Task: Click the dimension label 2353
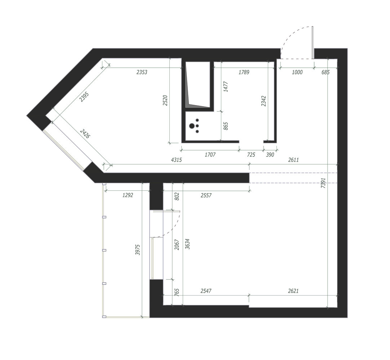[142, 72]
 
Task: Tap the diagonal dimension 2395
[84, 97]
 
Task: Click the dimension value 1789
[244, 72]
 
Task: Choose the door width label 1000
[297, 72]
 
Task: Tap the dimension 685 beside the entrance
[325, 72]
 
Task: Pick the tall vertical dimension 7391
[323, 183]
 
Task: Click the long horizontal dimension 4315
[176, 160]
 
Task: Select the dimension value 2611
[293, 160]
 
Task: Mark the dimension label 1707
[210, 155]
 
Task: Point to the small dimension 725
[251, 155]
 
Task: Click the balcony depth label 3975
[138, 250]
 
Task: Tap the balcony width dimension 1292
[128, 195]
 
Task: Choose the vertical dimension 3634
[187, 244]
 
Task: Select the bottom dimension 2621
[293, 291]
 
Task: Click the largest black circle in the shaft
[192, 126]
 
